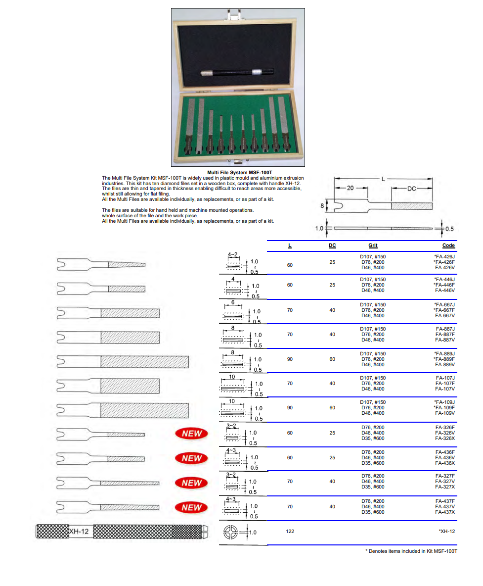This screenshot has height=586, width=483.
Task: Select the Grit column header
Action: point(373,245)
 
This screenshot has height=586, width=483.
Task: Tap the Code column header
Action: point(448,245)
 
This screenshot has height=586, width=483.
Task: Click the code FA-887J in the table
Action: point(445,329)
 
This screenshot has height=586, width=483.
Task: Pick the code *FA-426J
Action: point(444,256)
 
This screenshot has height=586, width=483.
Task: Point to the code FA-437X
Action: point(445,512)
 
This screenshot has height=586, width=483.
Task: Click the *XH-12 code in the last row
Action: point(446,531)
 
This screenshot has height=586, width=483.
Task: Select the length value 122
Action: point(290,531)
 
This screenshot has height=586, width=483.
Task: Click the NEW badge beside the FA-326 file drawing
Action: point(192,434)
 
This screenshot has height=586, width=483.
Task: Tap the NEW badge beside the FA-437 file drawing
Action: point(192,507)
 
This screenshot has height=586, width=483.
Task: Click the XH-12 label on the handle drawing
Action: point(79,532)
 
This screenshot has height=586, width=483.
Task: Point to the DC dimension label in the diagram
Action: point(412,188)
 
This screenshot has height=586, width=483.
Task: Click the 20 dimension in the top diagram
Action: point(351,188)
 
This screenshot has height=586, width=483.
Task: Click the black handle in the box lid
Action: point(237,73)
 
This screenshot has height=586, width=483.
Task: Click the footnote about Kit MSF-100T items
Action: point(411,551)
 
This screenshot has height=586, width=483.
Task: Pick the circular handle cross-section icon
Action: point(231,533)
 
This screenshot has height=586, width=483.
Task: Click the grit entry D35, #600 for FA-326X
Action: point(373,438)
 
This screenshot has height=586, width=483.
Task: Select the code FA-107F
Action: point(445,383)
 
